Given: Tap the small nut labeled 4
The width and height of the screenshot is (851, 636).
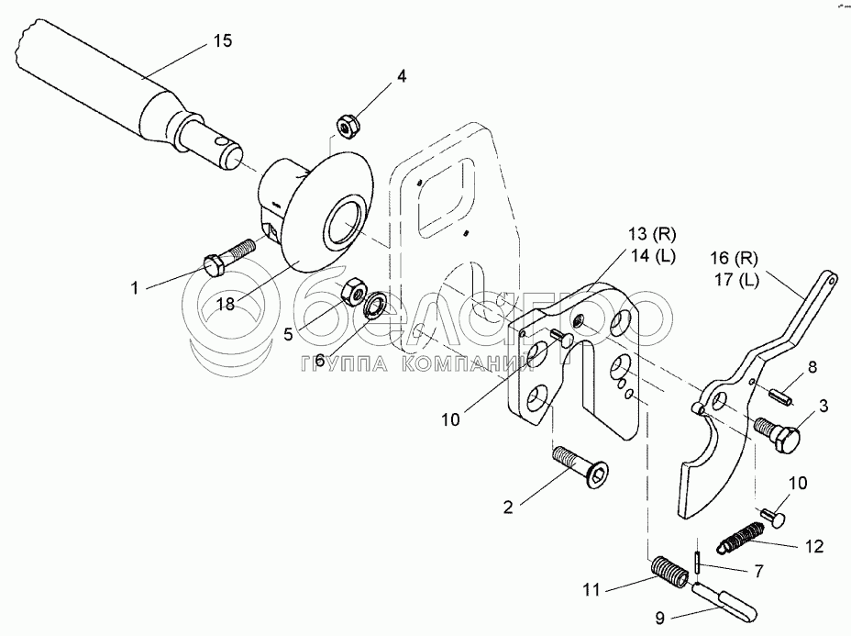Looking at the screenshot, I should (x=348, y=122).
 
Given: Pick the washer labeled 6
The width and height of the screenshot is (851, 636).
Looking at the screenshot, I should (x=374, y=305).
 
